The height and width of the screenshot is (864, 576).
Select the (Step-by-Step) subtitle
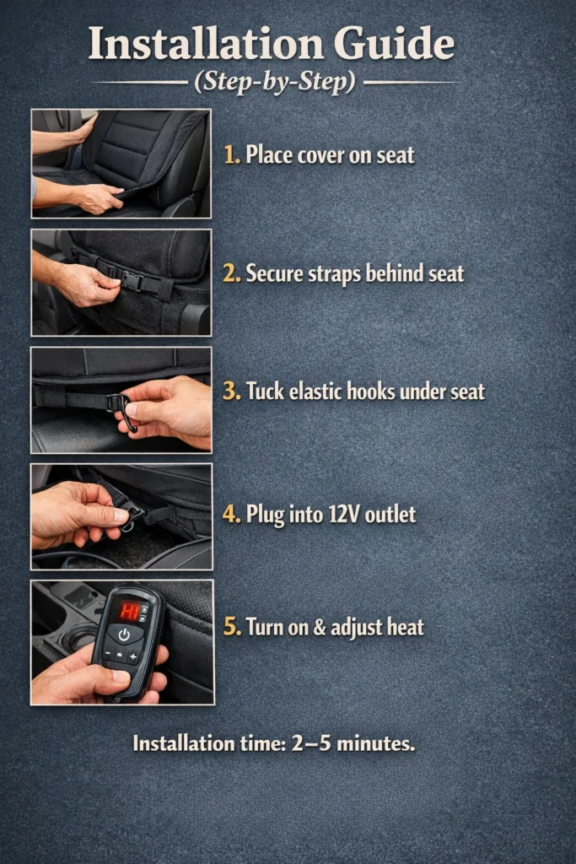(x=276, y=83)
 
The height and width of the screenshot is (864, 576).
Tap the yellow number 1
(x=231, y=155)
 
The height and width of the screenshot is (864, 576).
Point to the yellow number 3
(x=231, y=391)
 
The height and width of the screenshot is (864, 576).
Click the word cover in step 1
(x=321, y=155)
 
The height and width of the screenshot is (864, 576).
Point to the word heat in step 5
(x=404, y=627)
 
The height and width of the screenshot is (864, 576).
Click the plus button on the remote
(x=133, y=656)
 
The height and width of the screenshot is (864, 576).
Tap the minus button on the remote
(x=107, y=654)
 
